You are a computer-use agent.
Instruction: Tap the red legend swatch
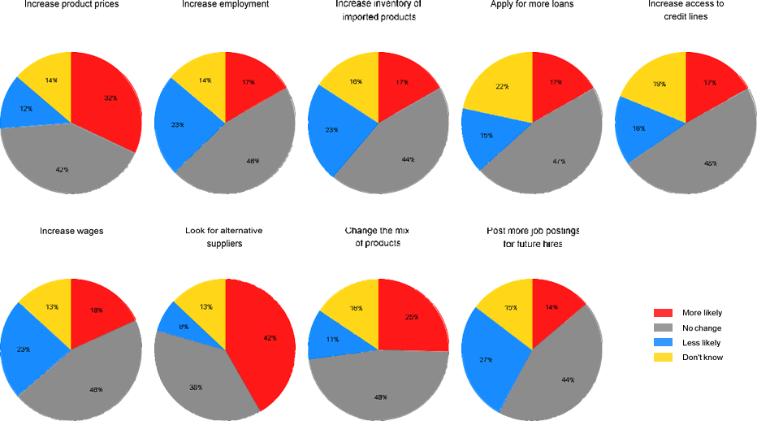tap(664, 313)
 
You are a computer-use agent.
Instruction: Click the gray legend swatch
tap(664, 328)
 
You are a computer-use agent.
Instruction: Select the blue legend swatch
tap(664, 342)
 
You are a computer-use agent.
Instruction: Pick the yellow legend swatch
tap(664, 357)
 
